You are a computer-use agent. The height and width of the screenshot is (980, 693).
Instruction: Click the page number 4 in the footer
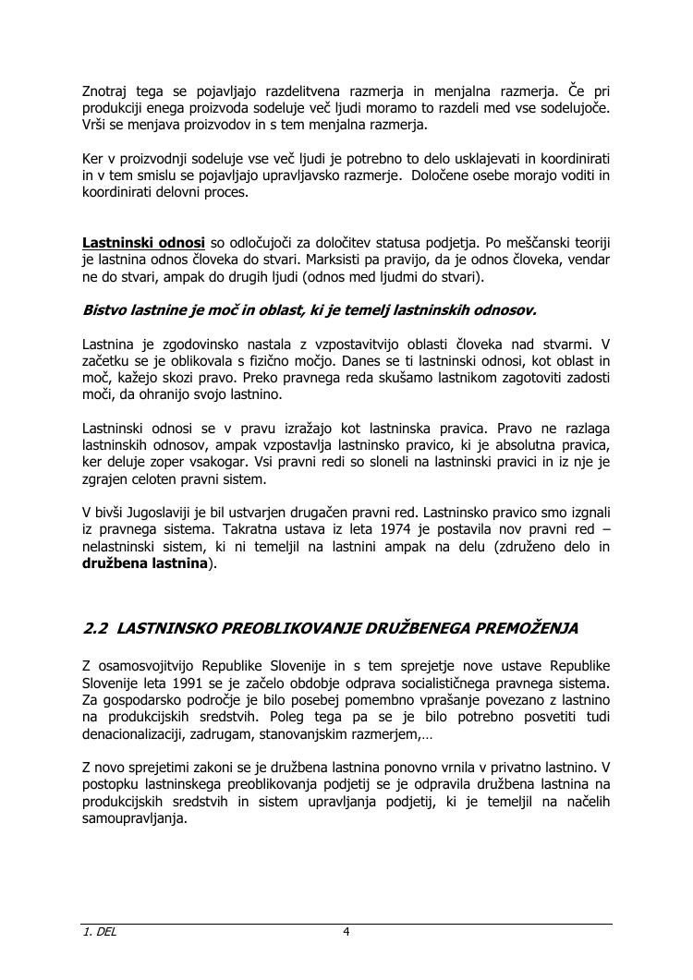[346, 932]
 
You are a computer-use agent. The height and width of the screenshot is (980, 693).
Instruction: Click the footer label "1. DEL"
[100, 932]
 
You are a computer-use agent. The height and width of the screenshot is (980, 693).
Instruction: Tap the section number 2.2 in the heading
[96, 629]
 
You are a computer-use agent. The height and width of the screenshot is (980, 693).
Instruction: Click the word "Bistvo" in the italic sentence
[104, 310]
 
